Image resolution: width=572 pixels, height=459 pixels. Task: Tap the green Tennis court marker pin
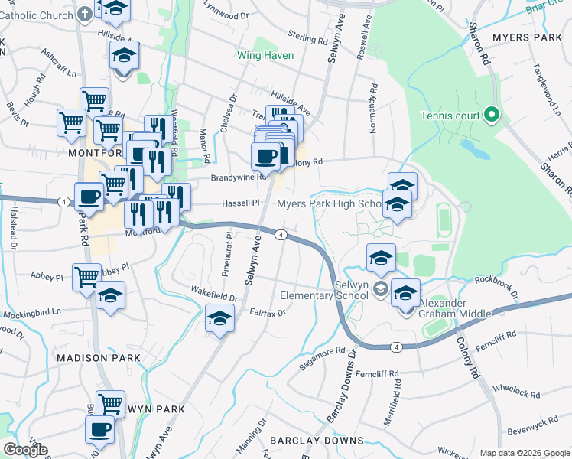[x=492, y=116]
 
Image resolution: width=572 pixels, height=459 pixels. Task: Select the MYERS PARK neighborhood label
[x=527, y=37]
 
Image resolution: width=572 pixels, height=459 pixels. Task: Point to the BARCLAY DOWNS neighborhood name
[x=316, y=441]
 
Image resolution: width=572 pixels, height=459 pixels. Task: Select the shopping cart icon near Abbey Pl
[x=86, y=276]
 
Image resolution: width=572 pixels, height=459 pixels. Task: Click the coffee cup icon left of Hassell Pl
[x=89, y=197]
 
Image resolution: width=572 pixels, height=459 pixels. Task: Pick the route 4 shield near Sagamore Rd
[x=395, y=347]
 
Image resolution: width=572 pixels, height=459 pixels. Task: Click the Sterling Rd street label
[x=307, y=35]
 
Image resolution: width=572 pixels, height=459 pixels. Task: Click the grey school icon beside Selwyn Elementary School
[x=379, y=289]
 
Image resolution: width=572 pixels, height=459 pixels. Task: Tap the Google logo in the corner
[x=26, y=450]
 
